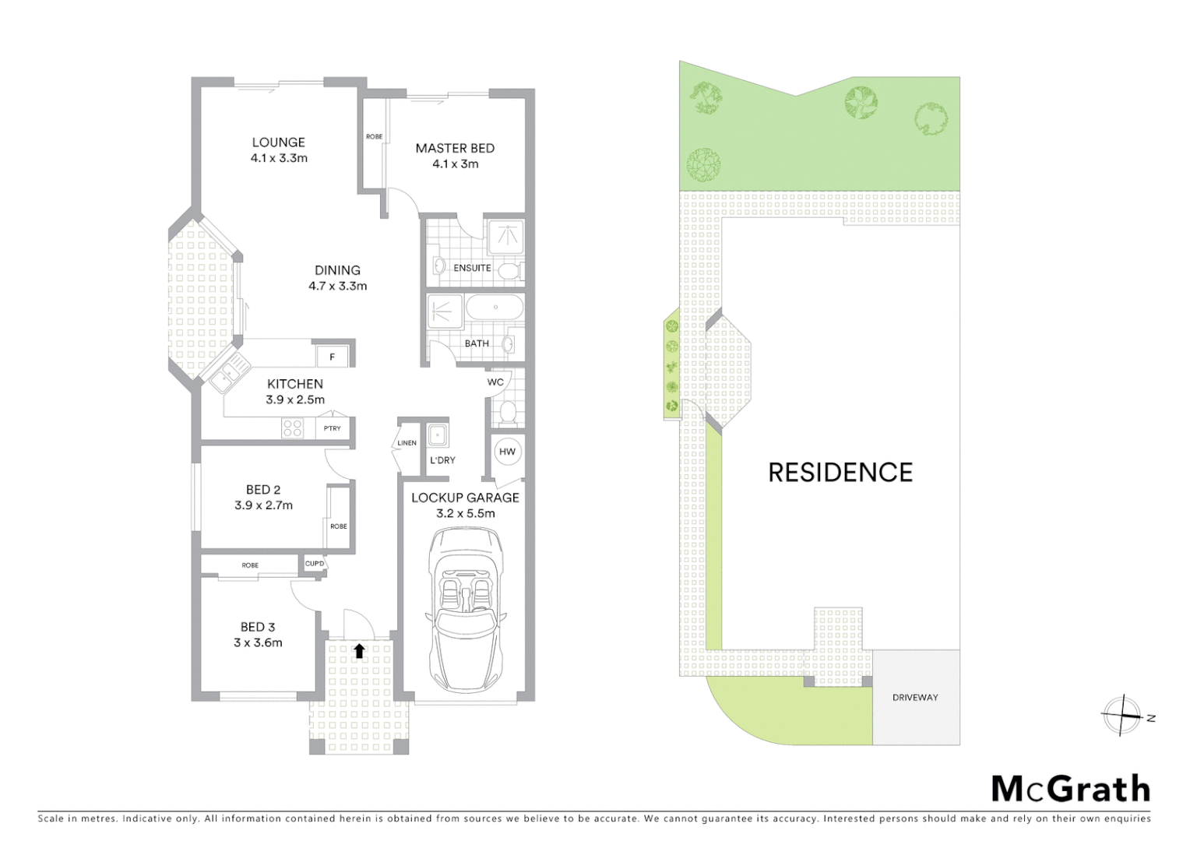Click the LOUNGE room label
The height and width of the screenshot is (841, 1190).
pos(278,143)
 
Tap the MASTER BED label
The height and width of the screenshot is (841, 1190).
pos(455,148)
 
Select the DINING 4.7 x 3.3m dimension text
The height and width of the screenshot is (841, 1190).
pos(337,286)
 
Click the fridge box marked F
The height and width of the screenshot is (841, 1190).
pos(333,357)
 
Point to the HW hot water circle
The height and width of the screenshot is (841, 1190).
pos(507,452)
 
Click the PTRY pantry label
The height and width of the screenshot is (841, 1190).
pos(333,428)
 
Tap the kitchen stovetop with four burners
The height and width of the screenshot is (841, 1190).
pos(293,428)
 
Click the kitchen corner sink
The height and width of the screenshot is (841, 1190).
pos(228,375)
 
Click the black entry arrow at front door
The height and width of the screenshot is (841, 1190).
pos(359,651)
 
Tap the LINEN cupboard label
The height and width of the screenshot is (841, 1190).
pos(407,443)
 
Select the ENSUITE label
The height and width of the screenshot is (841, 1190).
pos(472,268)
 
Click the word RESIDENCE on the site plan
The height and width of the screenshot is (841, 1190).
pos(840,473)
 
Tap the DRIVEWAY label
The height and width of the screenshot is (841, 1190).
pos(915,698)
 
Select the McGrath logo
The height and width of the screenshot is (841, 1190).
pos(1070,789)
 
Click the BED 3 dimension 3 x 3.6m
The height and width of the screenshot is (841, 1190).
pos(258,642)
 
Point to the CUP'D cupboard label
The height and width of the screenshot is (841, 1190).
pos(315,564)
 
